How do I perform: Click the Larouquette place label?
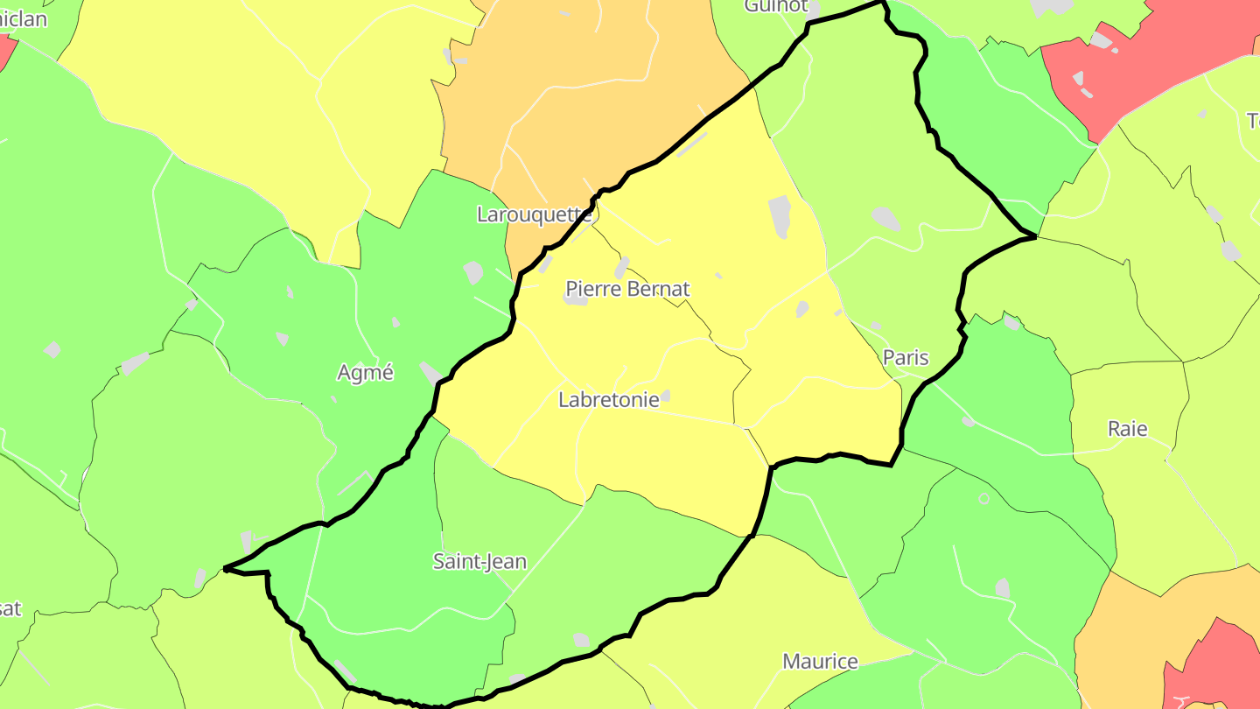tap(534, 214)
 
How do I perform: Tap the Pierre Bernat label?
tap(627, 289)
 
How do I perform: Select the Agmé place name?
tap(366, 373)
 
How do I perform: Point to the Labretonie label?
tap(609, 400)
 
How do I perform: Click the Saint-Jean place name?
tap(479, 561)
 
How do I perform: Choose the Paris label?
tap(906, 357)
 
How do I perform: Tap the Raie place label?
tap(1127, 429)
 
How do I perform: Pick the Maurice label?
tap(820, 661)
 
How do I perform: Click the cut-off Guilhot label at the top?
tap(775, 6)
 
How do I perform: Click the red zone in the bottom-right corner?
tap(1216, 665)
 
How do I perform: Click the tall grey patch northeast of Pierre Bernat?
tap(779, 216)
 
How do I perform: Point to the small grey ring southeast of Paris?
tap(983, 498)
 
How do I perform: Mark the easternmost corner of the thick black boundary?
tap(1036, 236)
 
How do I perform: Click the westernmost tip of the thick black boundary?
tap(225, 569)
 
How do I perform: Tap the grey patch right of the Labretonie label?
tap(666, 396)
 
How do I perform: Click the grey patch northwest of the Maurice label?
tap(582, 640)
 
